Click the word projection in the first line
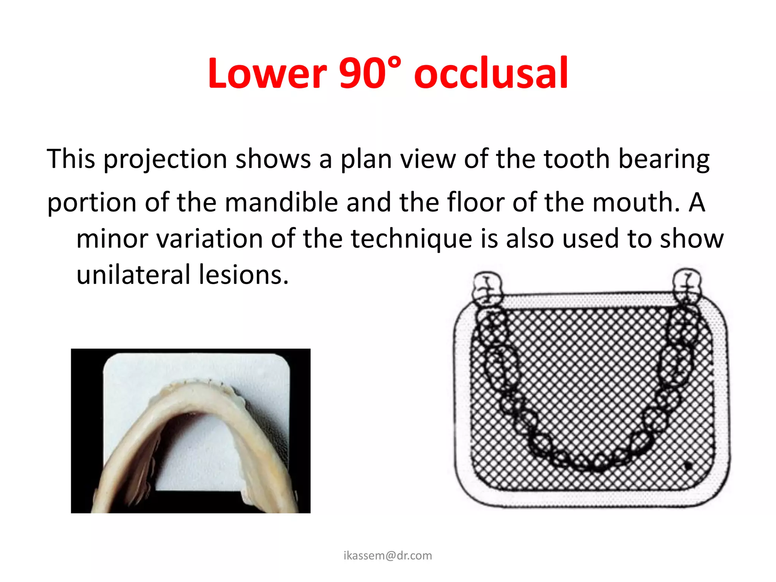click(x=165, y=159)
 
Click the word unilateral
click(x=133, y=274)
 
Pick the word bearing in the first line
click(x=664, y=159)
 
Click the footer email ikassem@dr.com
click(x=388, y=555)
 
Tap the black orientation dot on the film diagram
click(x=688, y=466)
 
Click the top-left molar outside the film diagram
click(x=488, y=288)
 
